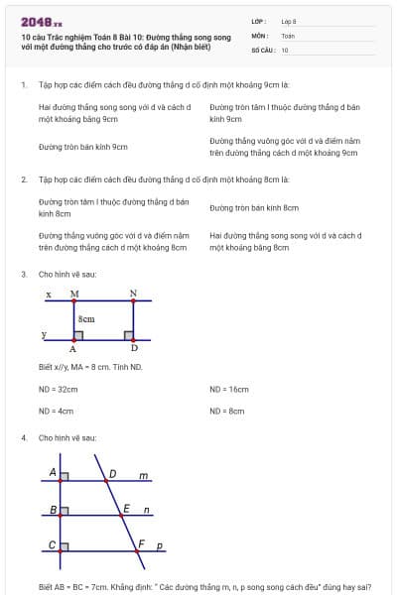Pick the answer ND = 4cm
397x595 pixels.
[x=56, y=410]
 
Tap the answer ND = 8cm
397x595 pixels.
[x=227, y=410]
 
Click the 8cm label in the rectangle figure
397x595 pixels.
[x=87, y=319]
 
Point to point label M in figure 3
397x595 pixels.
[x=74, y=295]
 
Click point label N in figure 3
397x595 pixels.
[x=133, y=295]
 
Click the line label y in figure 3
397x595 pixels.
[x=44, y=335]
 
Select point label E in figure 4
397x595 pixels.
[x=126, y=508]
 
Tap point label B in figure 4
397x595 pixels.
[x=53, y=510]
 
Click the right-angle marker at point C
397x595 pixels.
[x=64, y=546]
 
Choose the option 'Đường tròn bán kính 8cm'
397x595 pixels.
[x=254, y=208]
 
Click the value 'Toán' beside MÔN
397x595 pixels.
[x=288, y=35]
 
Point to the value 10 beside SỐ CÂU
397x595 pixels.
[x=285, y=49]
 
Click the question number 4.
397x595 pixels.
[x=23, y=437]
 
